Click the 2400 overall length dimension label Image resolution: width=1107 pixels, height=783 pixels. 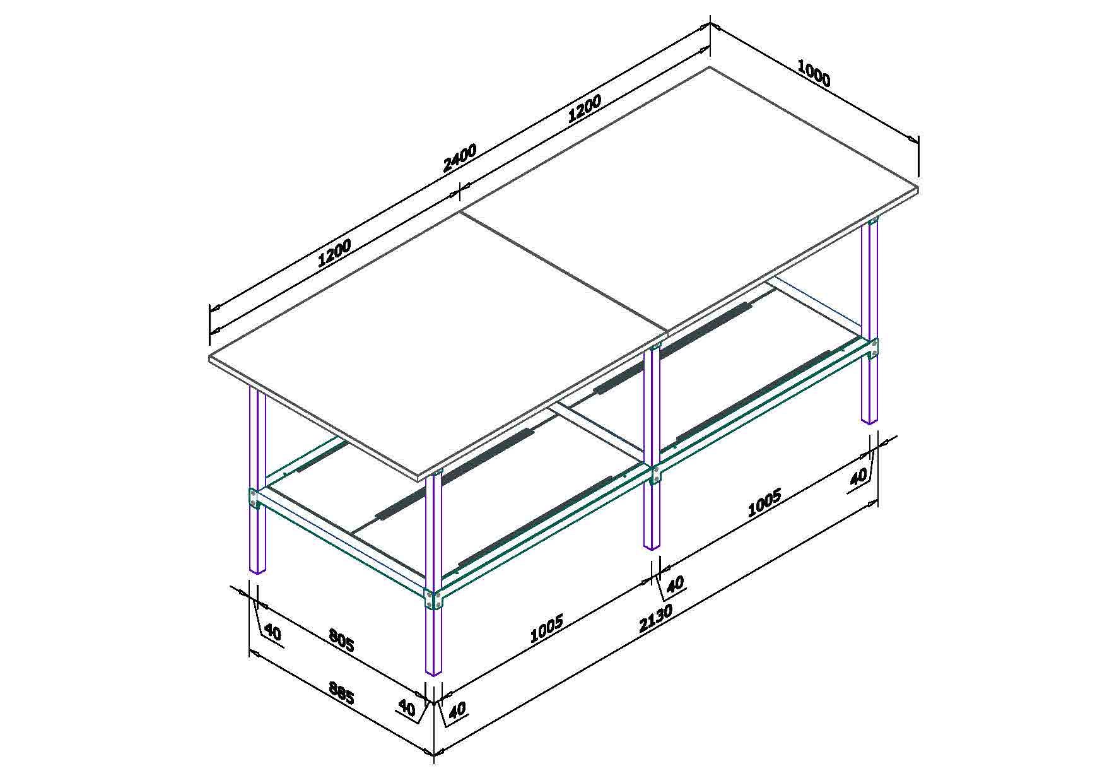460,158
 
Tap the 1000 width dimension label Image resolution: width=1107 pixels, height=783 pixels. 814,73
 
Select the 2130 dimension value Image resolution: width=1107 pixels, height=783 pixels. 655,619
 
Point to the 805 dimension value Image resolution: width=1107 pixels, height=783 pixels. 341,641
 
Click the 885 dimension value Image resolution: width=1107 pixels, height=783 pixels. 341,694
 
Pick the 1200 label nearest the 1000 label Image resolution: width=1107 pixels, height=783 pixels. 585,108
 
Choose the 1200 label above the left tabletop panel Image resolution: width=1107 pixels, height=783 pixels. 334,252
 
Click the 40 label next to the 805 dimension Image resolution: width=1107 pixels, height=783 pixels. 272,632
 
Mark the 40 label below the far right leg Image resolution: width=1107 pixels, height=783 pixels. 858,477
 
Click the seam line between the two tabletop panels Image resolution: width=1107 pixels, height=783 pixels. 564,272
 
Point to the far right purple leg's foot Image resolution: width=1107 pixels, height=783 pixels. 869,419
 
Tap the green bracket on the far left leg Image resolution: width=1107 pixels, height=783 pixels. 254,498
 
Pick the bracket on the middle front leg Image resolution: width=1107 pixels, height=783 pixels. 654,474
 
